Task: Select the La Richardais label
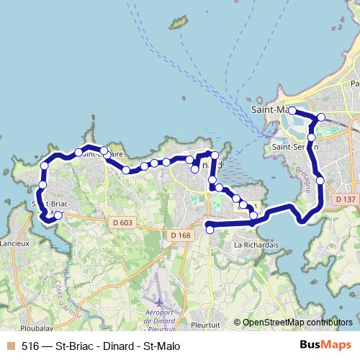tap(256, 245)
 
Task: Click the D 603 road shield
tap(122, 222)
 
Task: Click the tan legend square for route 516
tap(10, 346)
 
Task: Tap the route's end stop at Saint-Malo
tap(292, 111)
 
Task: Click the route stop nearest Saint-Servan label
tap(312, 137)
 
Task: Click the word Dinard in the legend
tap(122, 346)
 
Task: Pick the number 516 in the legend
tap(30, 346)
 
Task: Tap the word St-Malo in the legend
tap(163, 346)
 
